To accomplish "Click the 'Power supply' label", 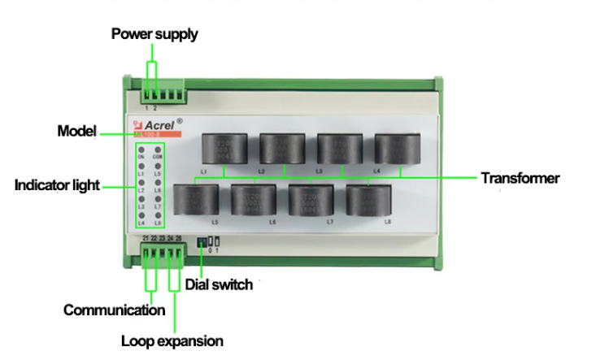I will pyautogui.click(x=154, y=34).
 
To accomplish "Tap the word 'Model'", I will pyautogui.click(x=77, y=131).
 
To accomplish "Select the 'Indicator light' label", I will pyautogui.click(x=57, y=184).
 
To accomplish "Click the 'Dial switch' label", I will pyautogui.click(x=219, y=284).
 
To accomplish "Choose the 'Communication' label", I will pyautogui.click(x=114, y=310).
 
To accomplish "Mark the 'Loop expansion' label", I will pyautogui.click(x=172, y=340).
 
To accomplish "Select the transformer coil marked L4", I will pyautogui.click(x=395, y=149).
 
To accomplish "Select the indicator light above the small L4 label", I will pyautogui.click(x=141, y=215).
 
